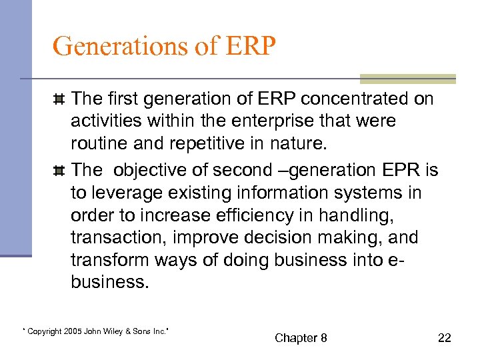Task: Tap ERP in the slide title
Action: pos(251,46)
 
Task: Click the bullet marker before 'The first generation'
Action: pos(59,100)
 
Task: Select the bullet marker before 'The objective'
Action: pos(59,171)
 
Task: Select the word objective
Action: pos(145,171)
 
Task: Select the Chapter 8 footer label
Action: pos(301,338)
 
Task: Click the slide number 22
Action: pos(445,338)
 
